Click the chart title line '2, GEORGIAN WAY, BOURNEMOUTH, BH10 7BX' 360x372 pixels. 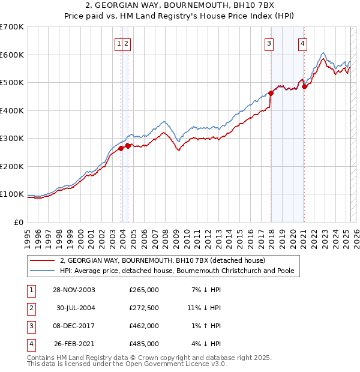pos(180,5)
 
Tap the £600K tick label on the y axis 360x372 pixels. pos(11,55)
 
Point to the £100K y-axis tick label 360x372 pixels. pos(11,194)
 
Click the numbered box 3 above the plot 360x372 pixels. pos(269,43)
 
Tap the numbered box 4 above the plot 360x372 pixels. pos(304,43)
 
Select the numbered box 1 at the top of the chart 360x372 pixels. pos(119,43)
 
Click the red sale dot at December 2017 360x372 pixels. pos(271,93)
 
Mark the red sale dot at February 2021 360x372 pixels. pos(304,86)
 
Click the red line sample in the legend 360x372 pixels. pos(43,260)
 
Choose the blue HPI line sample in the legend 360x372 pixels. pos(43,271)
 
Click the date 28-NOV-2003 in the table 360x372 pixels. pos(74,290)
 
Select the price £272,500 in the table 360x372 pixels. pos(144,308)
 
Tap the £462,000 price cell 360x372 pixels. pos(144,326)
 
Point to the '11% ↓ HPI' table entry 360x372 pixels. pos(204,308)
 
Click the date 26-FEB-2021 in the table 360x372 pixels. pos(74,344)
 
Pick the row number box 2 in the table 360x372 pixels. pos(30,308)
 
